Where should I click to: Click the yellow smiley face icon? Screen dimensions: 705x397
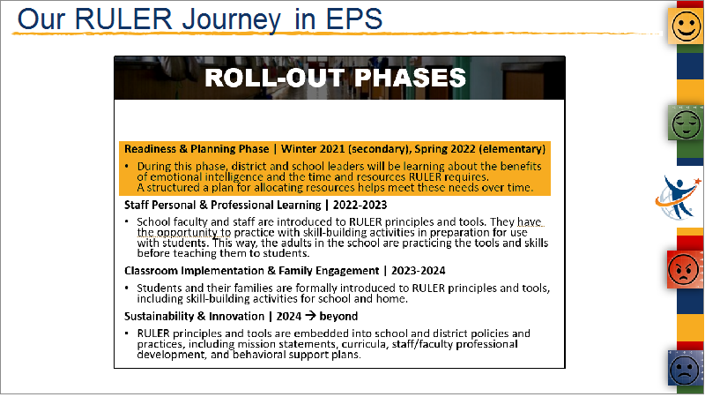click(x=686, y=26)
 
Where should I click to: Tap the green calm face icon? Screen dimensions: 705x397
click(x=686, y=123)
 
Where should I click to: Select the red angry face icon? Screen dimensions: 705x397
click(x=684, y=270)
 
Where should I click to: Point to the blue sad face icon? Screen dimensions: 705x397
click(x=685, y=369)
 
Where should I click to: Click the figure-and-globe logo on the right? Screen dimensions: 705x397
click(x=678, y=198)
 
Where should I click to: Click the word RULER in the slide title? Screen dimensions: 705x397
click(x=123, y=19)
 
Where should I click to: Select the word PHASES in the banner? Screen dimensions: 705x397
click(x=410, y=78)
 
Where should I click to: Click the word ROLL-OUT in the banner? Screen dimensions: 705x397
click(x=274, y=78)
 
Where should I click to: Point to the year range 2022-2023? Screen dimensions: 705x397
click(x=360, y=206)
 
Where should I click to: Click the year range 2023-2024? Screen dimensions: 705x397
click(x=418, y=271)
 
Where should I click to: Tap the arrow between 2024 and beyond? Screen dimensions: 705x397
click(x=310, y=316)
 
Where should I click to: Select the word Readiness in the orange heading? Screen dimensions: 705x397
click(x=150, y=149)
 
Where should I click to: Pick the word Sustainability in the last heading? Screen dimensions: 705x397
click(x=159, y=317)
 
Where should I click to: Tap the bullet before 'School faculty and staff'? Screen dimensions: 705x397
click(x=127, y=221)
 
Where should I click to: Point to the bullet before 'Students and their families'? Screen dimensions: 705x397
click(x=127, y=288)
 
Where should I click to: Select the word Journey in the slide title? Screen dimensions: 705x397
click(x=231, y=20)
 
